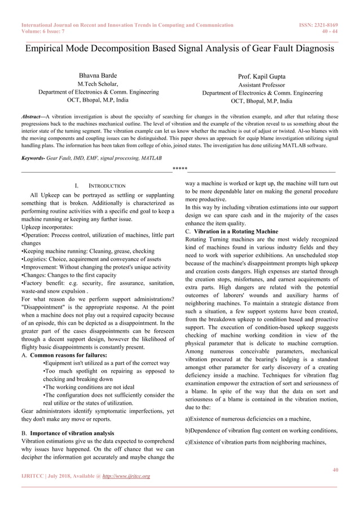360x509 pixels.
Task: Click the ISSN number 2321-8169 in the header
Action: tap(324, 25)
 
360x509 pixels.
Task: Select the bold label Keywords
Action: tap(32, 159)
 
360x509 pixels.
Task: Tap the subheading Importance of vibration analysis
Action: tap(72, 433)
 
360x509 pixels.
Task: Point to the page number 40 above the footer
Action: tap(335, 469)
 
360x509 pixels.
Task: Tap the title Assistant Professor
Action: tap(261, 85)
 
